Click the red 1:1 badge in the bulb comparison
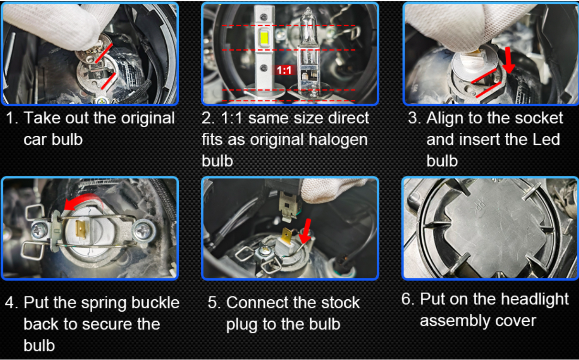[284, 70]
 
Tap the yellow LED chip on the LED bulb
[264, 37]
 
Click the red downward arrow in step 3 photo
[508, 60]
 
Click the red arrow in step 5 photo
[306, 231]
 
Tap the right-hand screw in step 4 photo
[143, 230]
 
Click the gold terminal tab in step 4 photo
[81, 229]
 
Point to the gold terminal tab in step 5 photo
[287, 236]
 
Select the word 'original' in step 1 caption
[148, 119]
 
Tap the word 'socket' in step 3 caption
[539, 118]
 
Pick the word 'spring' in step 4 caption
[104, 303]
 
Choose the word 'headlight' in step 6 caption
[535, 300]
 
